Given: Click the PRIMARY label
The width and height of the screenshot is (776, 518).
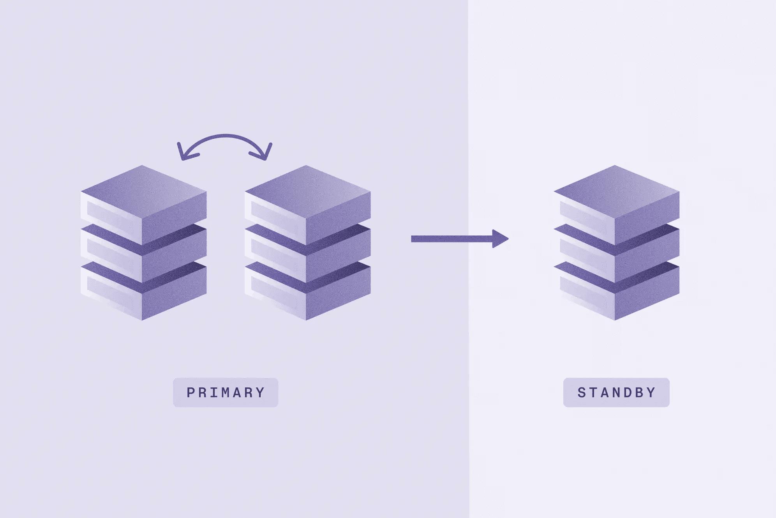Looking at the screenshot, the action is tap(226, 392).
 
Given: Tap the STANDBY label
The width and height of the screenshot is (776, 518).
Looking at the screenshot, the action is tap(616, 392).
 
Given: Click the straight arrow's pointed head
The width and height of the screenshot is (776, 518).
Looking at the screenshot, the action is tap(501, 239).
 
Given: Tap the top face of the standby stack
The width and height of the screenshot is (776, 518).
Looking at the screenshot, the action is tap(617, 191).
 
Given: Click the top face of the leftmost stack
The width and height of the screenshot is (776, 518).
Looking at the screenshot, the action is tap(143, 191).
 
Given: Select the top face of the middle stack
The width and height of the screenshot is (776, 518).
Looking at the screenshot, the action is tap(308, 191).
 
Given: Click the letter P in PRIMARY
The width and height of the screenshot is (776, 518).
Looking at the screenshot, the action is tap(190, 392).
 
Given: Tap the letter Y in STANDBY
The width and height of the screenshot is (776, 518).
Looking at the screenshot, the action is tap(652, 392).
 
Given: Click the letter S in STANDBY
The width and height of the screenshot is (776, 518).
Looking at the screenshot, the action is tap(582, 392).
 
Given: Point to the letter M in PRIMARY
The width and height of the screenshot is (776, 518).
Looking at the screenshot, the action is tap(226, 392).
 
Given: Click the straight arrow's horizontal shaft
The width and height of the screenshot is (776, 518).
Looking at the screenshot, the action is tap(452, 239).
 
